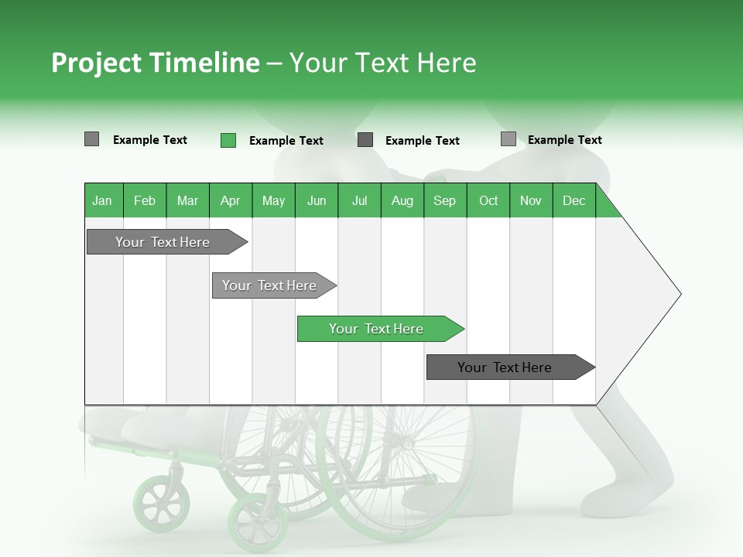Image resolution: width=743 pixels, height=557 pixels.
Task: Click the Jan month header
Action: coord(102,200)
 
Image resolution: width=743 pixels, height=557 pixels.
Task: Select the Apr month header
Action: coord(230,200)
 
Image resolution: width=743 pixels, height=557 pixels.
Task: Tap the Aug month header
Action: coord(402,200)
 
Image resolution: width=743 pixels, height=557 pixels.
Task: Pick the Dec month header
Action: coord(574,200)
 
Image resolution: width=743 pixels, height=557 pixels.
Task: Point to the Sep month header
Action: coord(444,200)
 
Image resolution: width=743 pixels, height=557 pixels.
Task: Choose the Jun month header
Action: coord(316,200)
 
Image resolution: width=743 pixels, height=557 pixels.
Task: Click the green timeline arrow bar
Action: coord(379,329)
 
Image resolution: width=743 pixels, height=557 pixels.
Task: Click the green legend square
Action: coord(228,140)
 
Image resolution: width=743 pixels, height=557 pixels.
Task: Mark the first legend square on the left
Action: coord(91,139)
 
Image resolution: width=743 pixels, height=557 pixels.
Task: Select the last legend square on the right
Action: coord(508,139)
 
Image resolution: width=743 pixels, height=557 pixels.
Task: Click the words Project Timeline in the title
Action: coord(155,63)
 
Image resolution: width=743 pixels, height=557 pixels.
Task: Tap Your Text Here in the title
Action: coord(382,63)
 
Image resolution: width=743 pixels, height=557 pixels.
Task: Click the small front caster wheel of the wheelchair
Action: coord(161,504)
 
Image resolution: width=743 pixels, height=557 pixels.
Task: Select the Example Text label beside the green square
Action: coord(286,141)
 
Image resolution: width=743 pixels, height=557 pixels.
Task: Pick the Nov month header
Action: coord(530,200)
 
